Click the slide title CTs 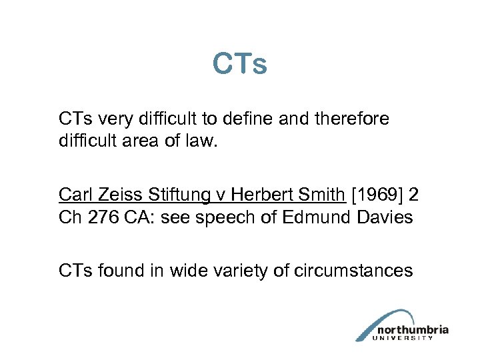tap(240, 65)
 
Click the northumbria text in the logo tap(413, 329)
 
